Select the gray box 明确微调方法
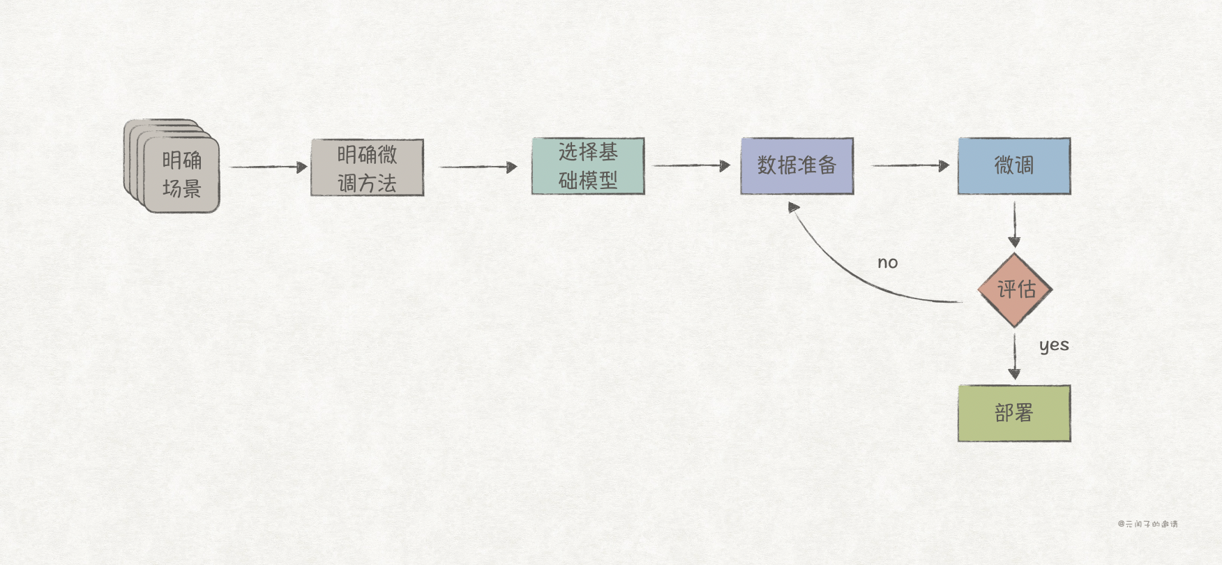click(367, 167)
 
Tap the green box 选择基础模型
click(587, 166)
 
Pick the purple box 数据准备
click(797, 166)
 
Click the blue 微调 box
click(1013, 166)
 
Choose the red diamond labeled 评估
click(1015, 289)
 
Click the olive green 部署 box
click(1013, 413)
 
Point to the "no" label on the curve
click(887, 263)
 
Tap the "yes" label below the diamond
click(1053, 345)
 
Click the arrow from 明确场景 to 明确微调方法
click(268, 167)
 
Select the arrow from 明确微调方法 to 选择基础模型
click(477, 167)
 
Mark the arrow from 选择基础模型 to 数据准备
click(691, 166)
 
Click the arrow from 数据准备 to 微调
click(910, 166)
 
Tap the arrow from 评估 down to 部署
click(1014, 356)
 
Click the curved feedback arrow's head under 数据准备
click(794, 207)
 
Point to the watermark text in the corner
click(1147, 524)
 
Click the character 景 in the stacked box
click(192, 188)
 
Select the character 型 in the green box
click(608, 181)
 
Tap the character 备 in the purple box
click(827, 165)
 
